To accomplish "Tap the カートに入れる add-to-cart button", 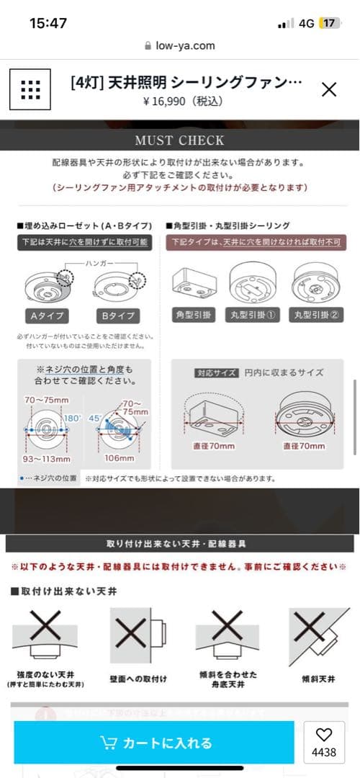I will point(154,743).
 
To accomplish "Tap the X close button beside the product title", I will point(328,89).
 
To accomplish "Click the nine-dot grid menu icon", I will point(31,89).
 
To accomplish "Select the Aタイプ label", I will point(42,316).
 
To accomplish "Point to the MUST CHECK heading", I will point(179,140).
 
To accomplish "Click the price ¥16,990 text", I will point(183,102).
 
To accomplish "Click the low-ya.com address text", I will point(185,45).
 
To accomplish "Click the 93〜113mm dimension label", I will point(46,458).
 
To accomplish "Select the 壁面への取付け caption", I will point(138,679).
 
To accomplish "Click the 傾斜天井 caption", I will point(318,679).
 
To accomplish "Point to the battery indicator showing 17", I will point(330,23).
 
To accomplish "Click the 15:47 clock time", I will point(48,23).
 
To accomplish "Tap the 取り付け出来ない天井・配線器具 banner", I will point(179,543).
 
